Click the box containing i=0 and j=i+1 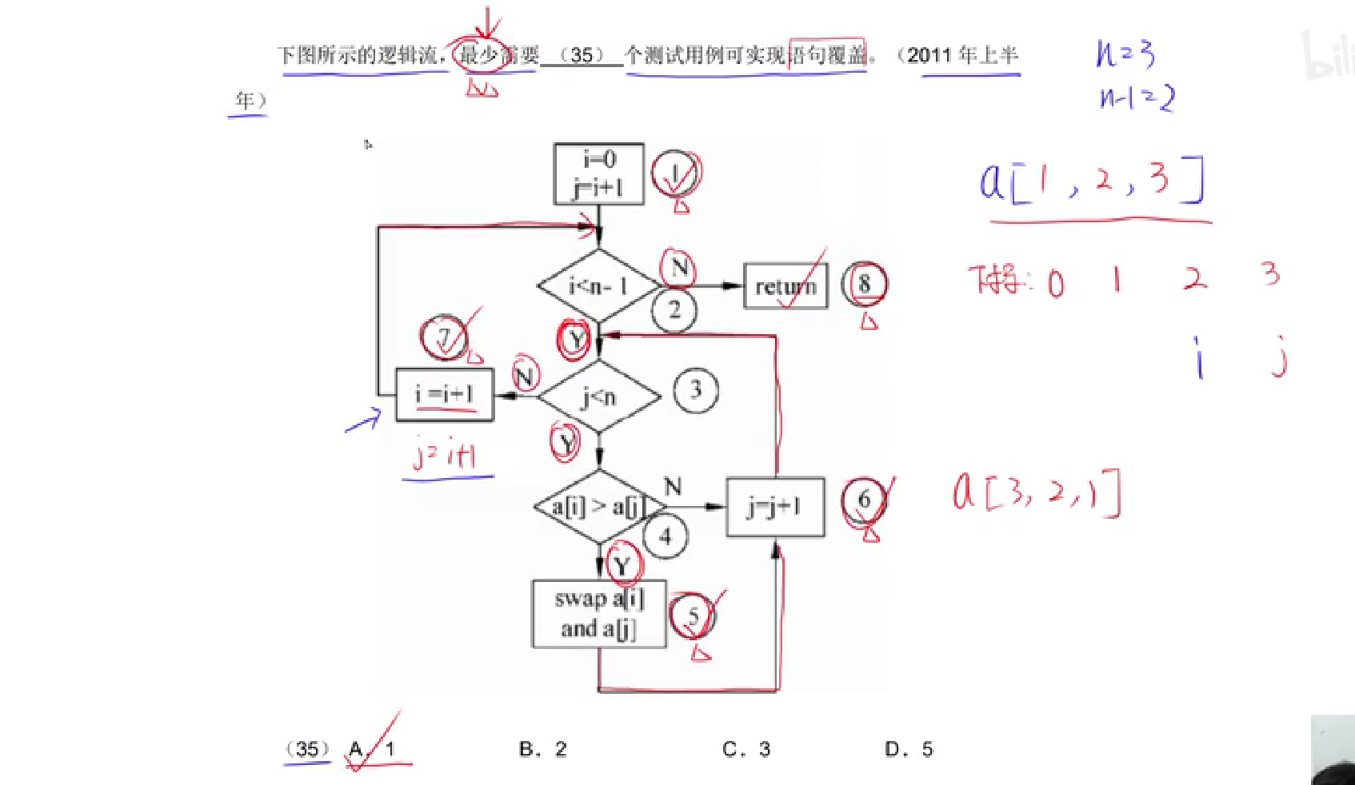[x=598, y=173]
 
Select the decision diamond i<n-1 [x=598, y=286]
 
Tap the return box [x=785, y=285]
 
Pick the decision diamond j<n [x=599, y=396]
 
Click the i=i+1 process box [x=445, y=394]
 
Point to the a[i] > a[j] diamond [x=599, y=506]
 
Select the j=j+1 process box [x=774, y=506]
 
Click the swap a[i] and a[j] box [x=599, y=614]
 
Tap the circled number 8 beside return [x=864, y=284]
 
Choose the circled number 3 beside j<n [x=695, y=390]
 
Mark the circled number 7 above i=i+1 [x=445, y=337]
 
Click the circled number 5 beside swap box [x=693, y=616]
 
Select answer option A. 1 [x=373, y=749]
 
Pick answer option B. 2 [x=543, y=749]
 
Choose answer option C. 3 [x=746, y=749]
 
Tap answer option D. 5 [x=909, y=749]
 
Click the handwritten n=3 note [x=1125, y=54]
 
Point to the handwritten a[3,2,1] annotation [x=1037, y=492]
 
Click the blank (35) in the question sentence [x=582, y=55]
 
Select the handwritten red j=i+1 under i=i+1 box [x=446, y=454]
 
